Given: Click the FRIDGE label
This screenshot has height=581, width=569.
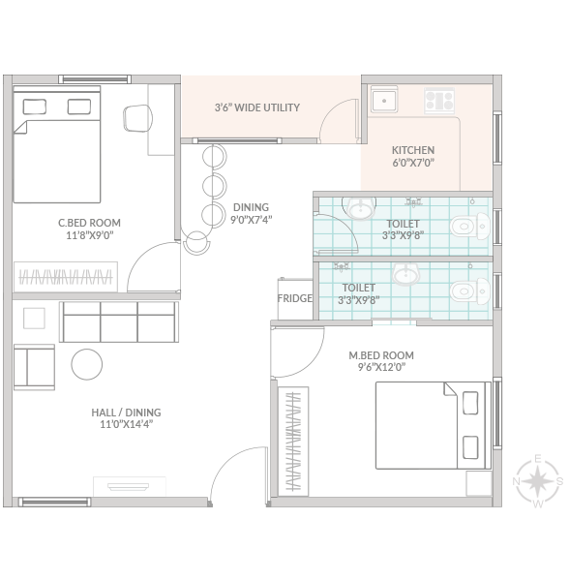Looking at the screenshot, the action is coord(295,298).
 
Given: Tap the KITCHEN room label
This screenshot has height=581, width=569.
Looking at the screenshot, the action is coord(413,150).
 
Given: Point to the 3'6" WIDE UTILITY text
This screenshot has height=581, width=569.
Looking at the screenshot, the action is coord(257,107).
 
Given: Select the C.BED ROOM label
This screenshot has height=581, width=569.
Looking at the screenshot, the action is coord(89,223).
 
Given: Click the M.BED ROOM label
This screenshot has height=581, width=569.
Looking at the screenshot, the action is coord(381,355).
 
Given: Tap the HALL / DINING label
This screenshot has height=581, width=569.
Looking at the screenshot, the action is coord(126,413).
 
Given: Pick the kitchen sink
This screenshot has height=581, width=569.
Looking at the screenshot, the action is coord(384,100).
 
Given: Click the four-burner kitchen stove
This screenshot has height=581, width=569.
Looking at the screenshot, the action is coord(439,101).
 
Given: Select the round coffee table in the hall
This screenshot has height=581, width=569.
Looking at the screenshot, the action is coord(87,364).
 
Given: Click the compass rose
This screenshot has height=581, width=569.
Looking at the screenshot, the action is coord(537,481).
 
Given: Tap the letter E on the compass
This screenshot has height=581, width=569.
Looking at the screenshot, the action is coord(538,459).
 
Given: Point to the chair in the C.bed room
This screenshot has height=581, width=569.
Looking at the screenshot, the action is coord(137,118).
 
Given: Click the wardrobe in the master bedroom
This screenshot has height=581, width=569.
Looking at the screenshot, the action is coord(293,442).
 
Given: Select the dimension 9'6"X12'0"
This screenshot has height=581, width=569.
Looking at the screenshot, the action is coord(381,367).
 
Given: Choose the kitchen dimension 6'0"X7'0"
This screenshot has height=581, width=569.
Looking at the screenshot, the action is coord(413,163).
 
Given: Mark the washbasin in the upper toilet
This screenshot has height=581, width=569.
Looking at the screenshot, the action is coord(359,207).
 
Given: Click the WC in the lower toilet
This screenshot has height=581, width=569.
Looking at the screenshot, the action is coord(470,291).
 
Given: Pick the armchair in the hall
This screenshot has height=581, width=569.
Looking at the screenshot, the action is coord(35,367).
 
